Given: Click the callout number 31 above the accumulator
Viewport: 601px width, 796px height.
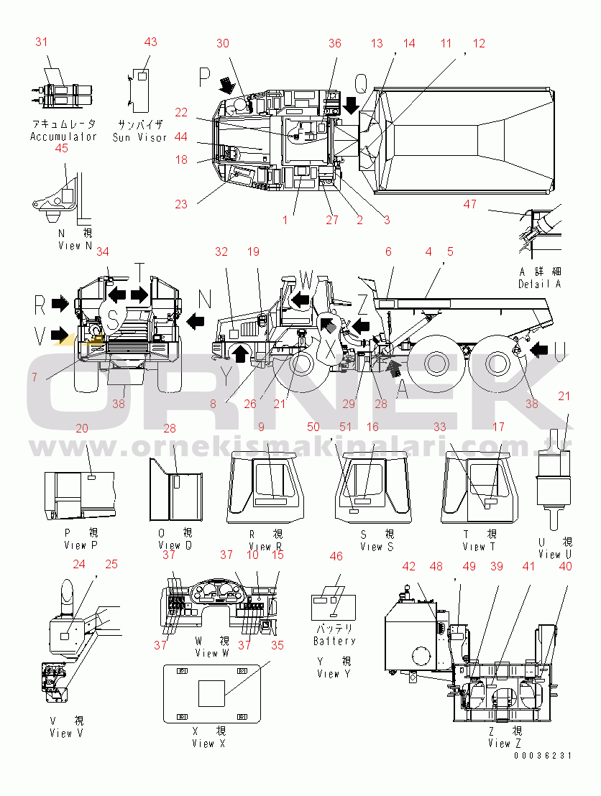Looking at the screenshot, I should pos(42,42).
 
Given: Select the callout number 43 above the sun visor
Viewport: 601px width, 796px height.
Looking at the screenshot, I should pos(150,42).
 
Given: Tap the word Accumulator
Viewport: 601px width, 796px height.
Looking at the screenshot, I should pos(63,136).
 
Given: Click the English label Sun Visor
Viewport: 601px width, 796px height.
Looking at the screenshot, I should pos(140,136).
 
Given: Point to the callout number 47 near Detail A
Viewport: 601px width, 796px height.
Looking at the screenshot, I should pos(469,205).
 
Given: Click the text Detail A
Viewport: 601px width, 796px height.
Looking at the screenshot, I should pos(539,284).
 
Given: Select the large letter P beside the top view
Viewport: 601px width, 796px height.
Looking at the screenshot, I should pos(205,76).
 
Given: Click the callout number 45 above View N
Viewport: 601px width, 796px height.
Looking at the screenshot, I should pos(61,148).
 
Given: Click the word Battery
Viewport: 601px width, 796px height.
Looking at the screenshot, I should pos(334,640).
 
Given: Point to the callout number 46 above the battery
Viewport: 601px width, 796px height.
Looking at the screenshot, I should pos(336,556).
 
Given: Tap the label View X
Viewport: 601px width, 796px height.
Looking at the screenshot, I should pos(208,744).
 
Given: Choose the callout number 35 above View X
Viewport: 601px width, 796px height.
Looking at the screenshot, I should pos(277,645).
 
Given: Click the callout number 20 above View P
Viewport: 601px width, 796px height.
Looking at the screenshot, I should pos(82,428).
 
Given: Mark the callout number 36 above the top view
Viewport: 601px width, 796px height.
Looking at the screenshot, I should pos(335,43).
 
